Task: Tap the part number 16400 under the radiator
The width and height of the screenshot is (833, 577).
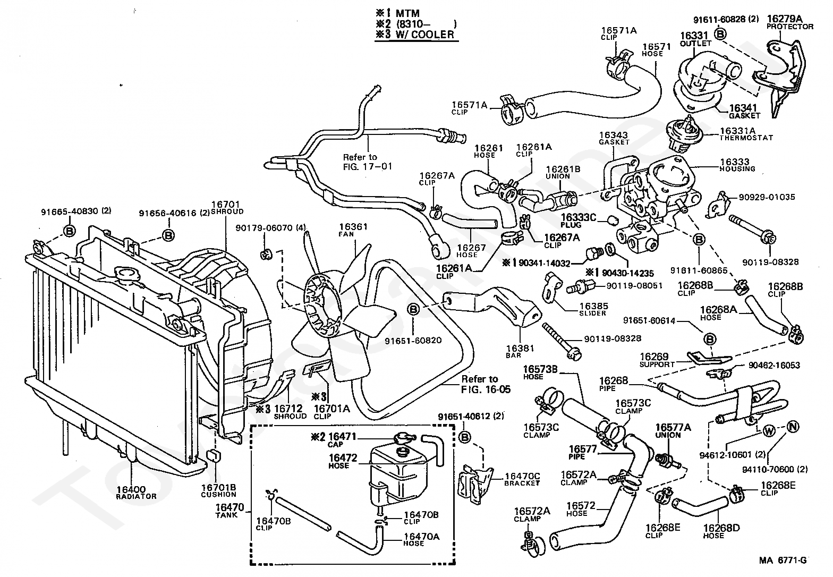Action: click(x=131, y=490)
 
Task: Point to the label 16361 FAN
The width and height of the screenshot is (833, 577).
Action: click(x=353, y=230)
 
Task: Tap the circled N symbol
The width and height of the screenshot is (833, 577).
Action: click(x=793, y=427)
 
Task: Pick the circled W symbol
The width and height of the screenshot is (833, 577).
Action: click(x=768, y=431)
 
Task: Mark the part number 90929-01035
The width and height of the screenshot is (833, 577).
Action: click(x=767, y=197)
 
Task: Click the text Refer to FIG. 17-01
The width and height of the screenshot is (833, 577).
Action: click(x=367, y=162)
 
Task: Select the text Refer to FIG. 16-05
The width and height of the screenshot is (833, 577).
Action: click(x=486, y=384)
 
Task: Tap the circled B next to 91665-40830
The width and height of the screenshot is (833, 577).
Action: click(x=69, y=231)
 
